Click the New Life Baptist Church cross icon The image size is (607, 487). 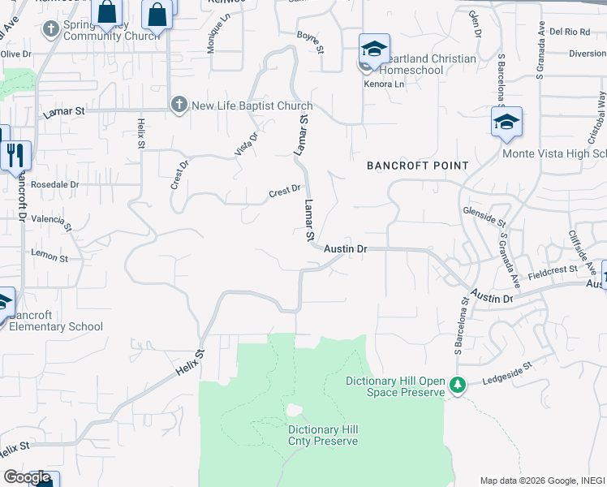pos(179,105)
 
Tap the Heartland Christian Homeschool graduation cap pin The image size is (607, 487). pos(374,50)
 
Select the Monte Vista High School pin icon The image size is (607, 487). pos(506,123)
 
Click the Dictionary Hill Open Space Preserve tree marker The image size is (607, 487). pos(458,384)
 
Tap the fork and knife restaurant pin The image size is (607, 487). pos(15,154)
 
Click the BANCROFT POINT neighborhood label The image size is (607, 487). pos(417,166)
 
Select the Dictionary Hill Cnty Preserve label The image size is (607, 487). pos(322,435)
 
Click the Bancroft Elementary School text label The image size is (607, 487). pos(56,321)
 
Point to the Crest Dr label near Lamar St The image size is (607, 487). pos(285,191)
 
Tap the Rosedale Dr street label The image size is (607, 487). pos(55,185)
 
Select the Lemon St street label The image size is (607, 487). pos(50,255)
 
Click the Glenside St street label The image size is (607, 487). pos(484,215)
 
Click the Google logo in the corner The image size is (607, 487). pos(27,476)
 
